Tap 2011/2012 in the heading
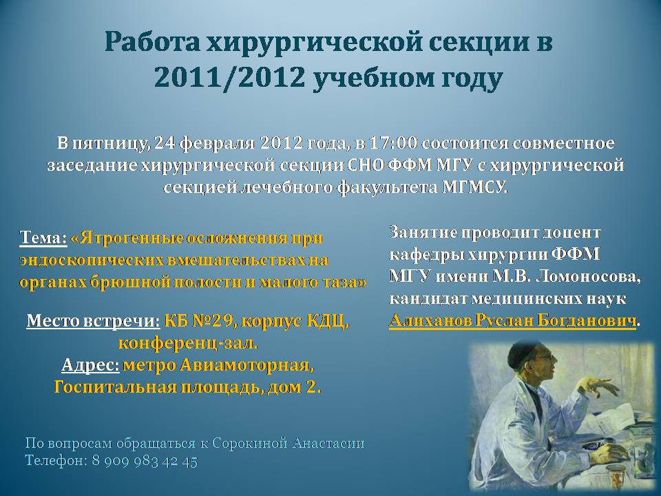[x=229, y=77]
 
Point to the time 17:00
[x=392, y=143]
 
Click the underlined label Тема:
[x=43, y=238]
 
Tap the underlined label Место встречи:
[x=93, y=322]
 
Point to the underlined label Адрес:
[x=90, y=365]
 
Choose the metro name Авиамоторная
[x=247, y=365]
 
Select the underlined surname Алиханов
[x=430, y=320]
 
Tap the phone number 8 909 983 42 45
[x=145, y=461]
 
